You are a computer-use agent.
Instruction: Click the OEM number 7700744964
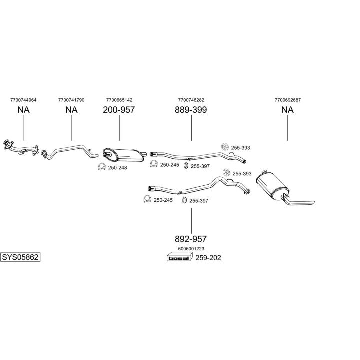(x=23, y=100)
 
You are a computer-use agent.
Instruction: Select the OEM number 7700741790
(x=71, y=100)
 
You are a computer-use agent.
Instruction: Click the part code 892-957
(x=191, y=239)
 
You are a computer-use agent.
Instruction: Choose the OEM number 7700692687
(x=287, y=100)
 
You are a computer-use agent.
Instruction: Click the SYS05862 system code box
(x=20, y=257)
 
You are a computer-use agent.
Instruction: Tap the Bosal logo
(x=178, y=258)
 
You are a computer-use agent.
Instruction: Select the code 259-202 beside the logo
(x=208, y=258)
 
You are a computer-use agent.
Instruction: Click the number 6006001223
(x=191, y=248)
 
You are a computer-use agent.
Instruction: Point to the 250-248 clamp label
(x=117, y=168)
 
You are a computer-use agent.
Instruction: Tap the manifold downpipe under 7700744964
(x=20, y=147)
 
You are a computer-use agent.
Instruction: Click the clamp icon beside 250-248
(x=101, y=167)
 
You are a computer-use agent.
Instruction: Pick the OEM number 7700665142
(x=119, y=100)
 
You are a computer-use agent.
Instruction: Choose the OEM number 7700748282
(x=191, y=100)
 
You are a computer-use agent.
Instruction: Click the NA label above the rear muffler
(x=287, y=110)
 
